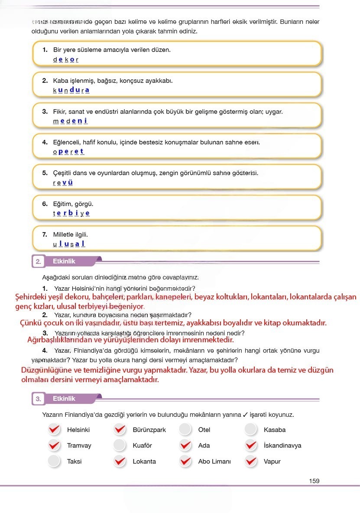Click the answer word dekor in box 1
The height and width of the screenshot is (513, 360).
tap(66, 59)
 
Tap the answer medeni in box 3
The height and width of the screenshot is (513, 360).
tap(70, 121)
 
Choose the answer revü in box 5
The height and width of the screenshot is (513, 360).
tap(63, 182)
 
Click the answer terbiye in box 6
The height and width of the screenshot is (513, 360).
tap(71, 213)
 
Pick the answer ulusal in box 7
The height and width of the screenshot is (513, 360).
tap(69, 244)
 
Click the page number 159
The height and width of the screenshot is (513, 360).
tap(315, 481)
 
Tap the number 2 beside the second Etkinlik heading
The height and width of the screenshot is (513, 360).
tap(38, 262)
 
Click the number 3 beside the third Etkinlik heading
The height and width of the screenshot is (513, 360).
tap(38, 399)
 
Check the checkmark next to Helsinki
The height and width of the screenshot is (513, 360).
tap(54, 429)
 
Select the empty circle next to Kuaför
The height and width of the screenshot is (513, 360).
tap(120, 445)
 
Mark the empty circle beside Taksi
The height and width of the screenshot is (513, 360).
tap(54, 461)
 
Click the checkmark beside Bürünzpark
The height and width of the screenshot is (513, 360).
tap(120, 429)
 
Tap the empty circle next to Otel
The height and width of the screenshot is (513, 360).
tap(185, 429)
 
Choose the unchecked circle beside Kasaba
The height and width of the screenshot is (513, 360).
tap(251, 429)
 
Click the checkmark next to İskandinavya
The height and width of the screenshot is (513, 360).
tap(251, 445)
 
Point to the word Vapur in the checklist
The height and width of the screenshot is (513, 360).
tap(272, 461)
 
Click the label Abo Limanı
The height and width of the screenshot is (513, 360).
tap(214, 461)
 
